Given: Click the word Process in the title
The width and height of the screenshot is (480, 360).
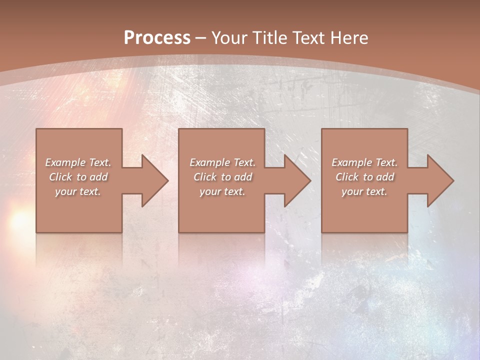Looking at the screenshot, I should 157,38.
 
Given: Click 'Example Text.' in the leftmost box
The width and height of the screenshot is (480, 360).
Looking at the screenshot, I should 78,162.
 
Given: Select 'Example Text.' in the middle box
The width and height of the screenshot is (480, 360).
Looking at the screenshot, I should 222,162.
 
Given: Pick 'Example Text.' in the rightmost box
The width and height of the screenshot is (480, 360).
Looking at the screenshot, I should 364,162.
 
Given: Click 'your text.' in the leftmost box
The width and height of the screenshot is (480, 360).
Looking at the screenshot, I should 78,191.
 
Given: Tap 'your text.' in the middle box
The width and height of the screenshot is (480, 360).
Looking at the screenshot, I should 222,191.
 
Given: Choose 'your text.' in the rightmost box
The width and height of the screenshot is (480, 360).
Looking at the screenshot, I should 364,191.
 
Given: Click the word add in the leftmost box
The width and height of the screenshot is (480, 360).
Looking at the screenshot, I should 99,177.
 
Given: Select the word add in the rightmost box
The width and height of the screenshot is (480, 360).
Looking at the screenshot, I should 385,177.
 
